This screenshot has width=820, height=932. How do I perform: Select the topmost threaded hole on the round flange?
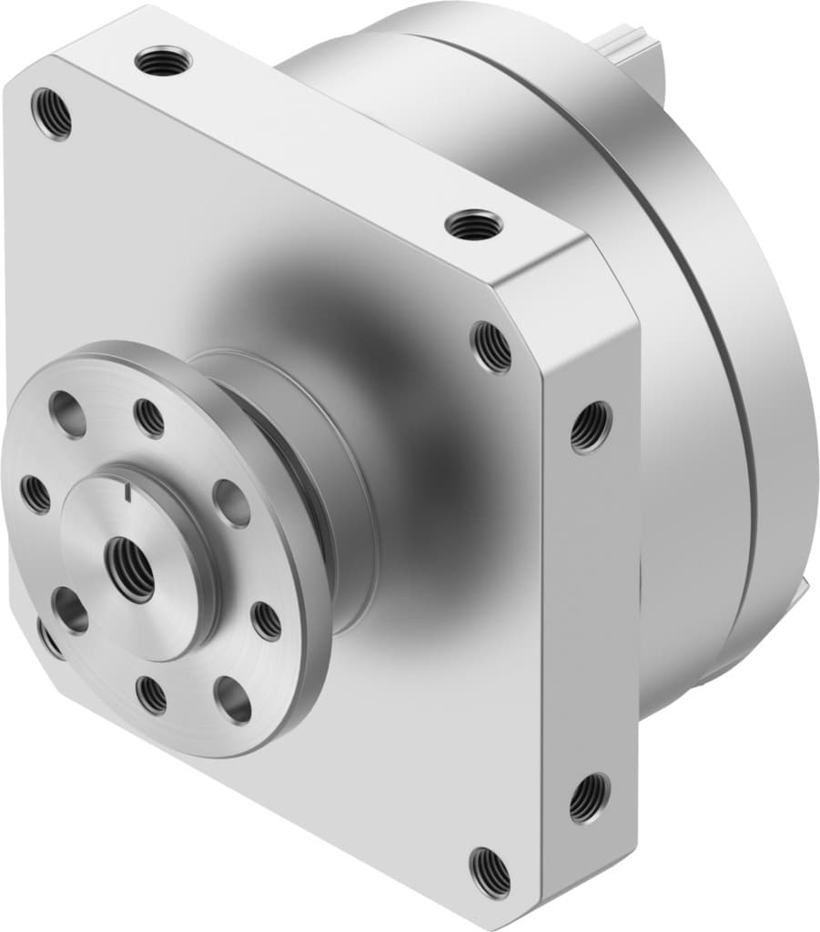click(x=149, y=418)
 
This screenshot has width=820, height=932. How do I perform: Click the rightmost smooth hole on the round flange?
click(x=231, y=501)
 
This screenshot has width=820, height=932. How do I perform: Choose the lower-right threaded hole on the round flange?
click(x=267, y=621)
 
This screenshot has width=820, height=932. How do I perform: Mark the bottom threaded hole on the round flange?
click(x=152, y=695)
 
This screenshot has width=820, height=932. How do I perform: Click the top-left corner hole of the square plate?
click(x=51, y=113)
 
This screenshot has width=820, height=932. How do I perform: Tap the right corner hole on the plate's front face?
click(x=491, y=347)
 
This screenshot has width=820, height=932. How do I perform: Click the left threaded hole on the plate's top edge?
click(x=163, y=61)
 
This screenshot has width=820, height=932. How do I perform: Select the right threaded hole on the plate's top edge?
click(x=474, y=224)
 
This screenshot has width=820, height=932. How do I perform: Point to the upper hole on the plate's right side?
click(x=591, y=426)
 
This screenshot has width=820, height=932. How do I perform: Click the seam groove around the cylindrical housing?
click(x=719, y=346)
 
